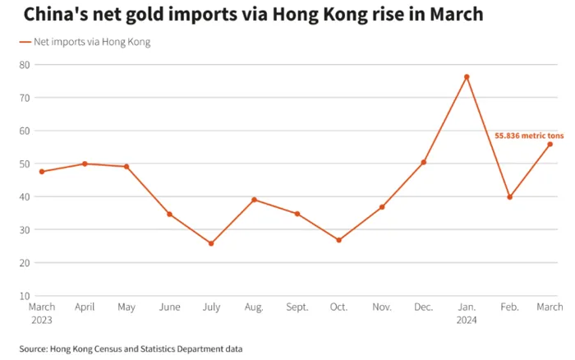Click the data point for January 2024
click(x=467, y=77)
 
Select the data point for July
click(x=211, y=243)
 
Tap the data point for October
click(x=338, y=240)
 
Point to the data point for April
click(x=85, y=164)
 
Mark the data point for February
click(x=509, y=197)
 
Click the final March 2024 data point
click(x=550, y=144)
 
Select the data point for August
click(x=254, y=200)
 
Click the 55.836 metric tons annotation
click(x=528, y=136)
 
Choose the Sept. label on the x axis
click(x=297, y=307)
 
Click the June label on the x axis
click(x=169, y=307)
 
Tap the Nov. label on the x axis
click(x=381, y=307)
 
